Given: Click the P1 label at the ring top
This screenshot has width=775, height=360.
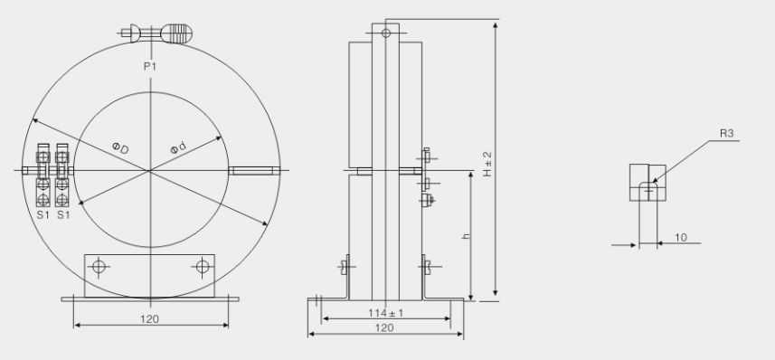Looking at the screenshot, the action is coord(150,66).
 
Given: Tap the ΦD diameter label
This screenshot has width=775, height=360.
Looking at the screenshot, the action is coord(120,147).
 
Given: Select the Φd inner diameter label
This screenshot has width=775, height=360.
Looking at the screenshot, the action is coord(178,147).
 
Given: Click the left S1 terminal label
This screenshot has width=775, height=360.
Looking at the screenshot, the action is coord(43,214).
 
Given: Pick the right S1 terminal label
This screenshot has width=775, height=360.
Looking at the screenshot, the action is coord(62,214).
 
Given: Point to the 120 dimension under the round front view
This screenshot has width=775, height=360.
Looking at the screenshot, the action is coord(150,319).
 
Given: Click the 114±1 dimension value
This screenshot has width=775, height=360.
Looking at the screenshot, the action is coord(385,313).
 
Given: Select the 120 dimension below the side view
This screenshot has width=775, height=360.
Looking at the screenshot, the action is coord(384,327).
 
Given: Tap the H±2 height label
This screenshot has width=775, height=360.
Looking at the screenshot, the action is coord(487,164).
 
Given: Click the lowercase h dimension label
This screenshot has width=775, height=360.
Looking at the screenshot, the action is coord(466,236).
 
